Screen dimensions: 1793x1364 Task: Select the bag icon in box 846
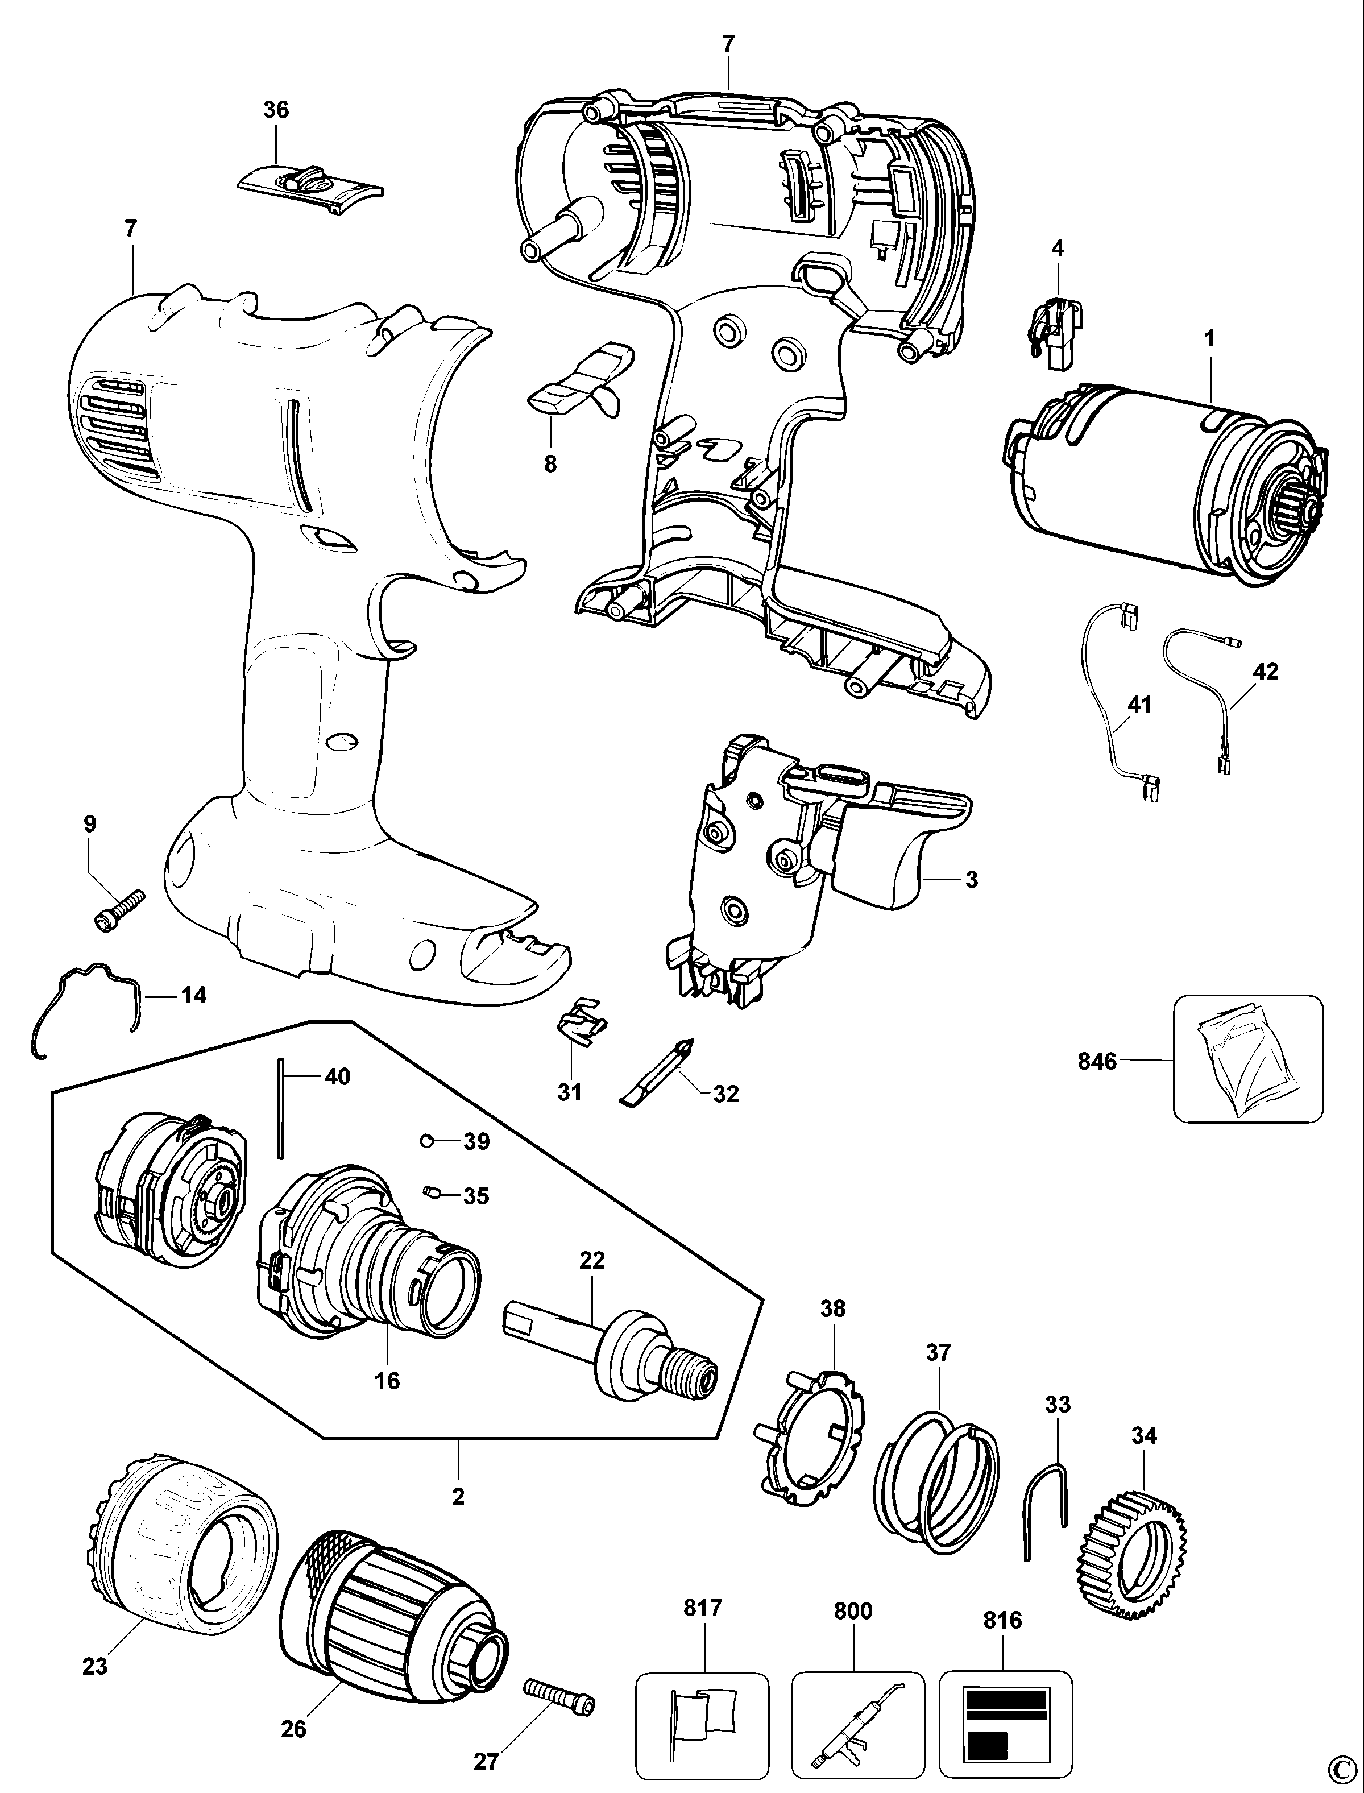tap(1248, 1060)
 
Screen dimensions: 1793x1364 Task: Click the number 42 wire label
tap(1266, 671)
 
